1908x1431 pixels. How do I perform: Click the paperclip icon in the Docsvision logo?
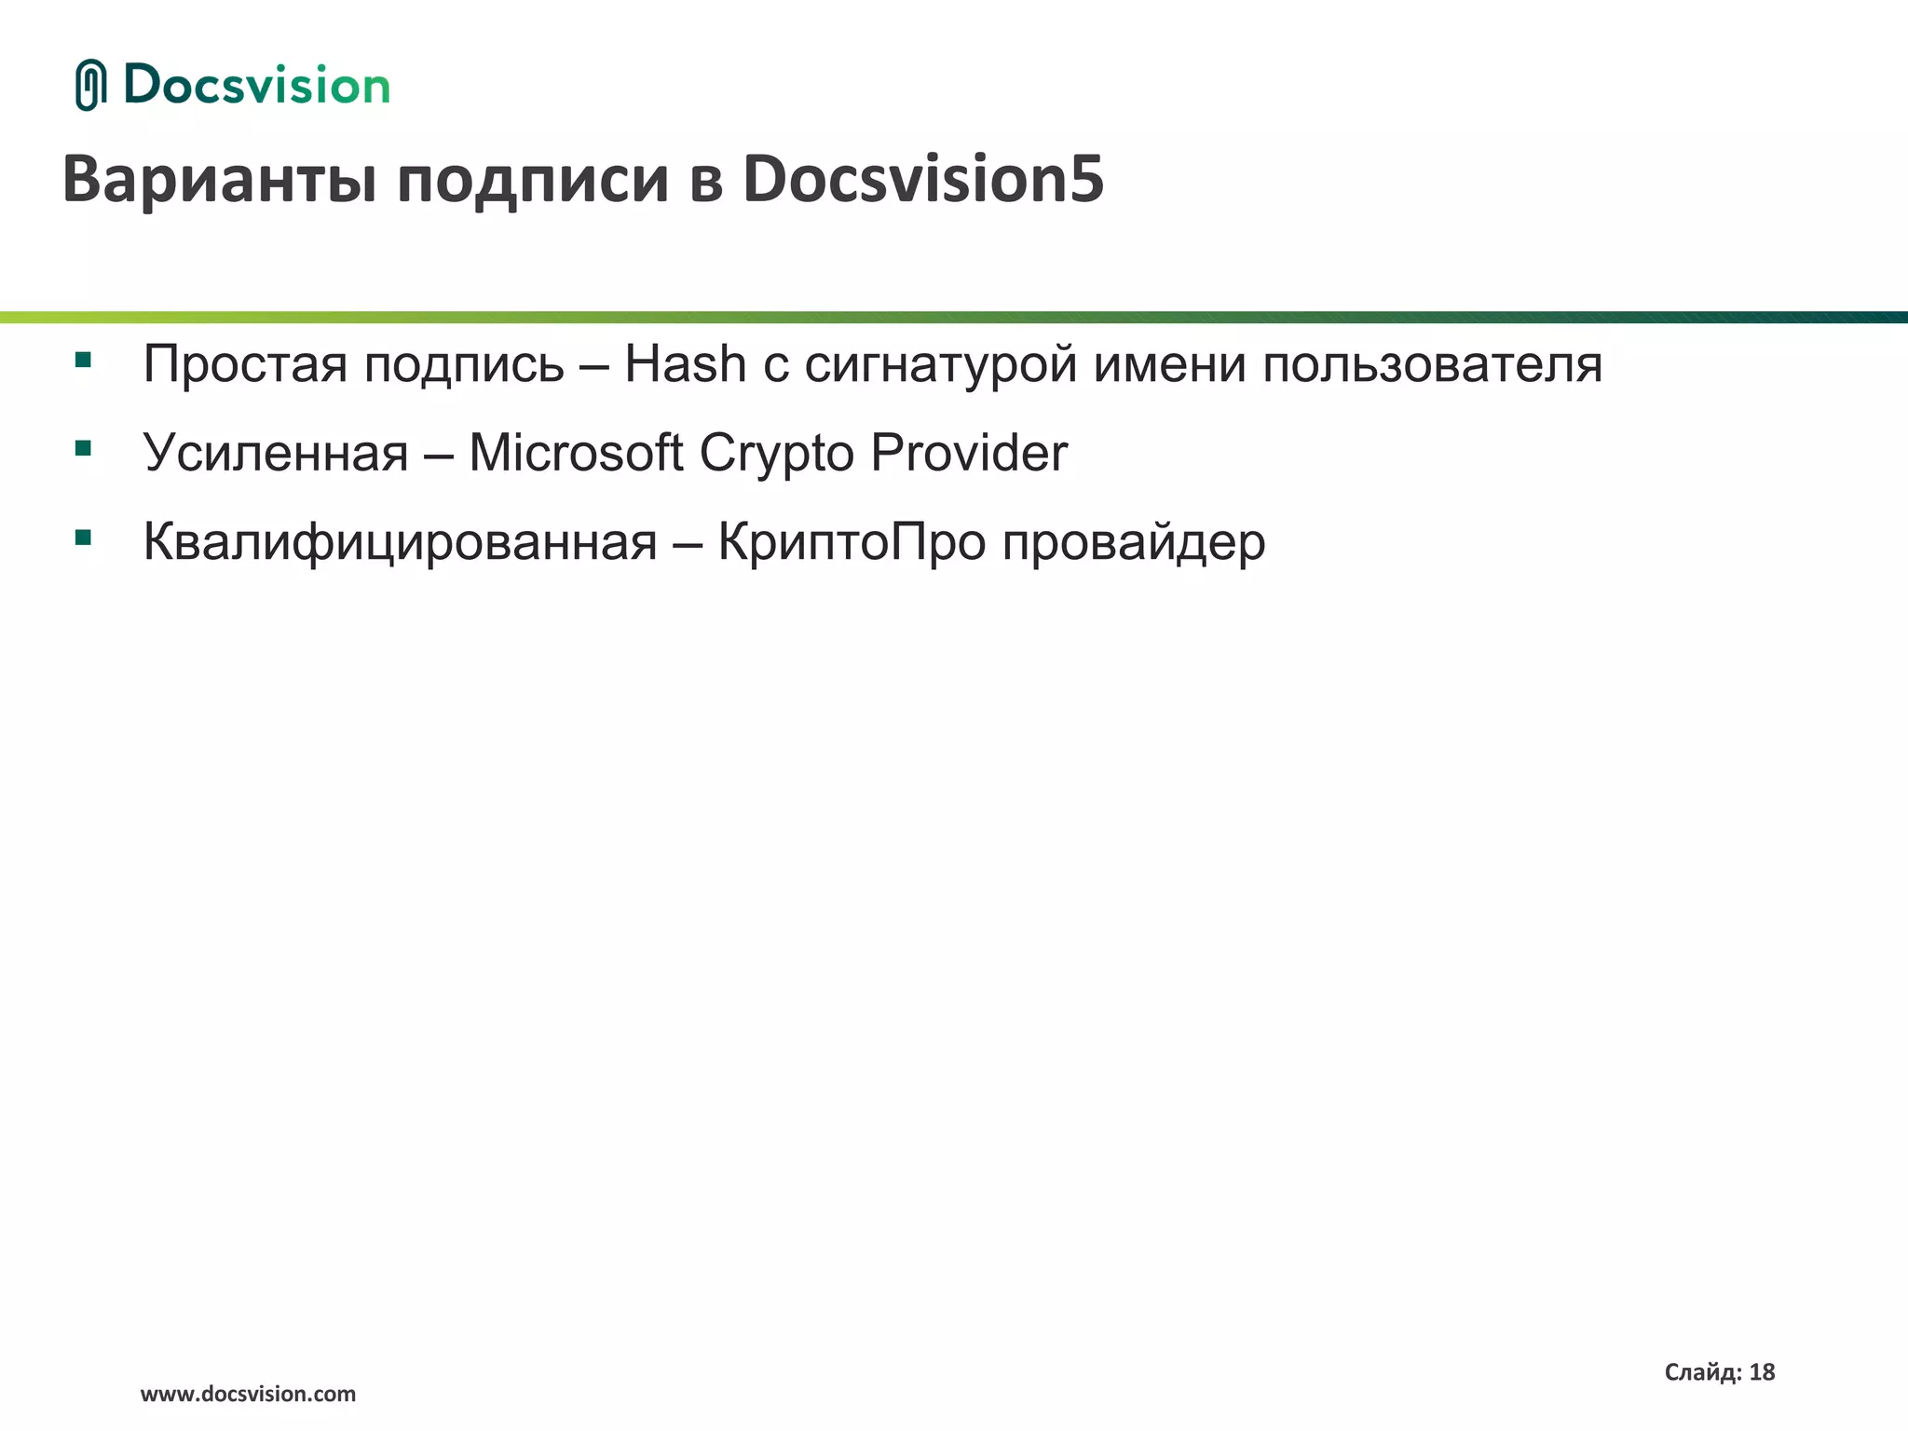tap(90, 85)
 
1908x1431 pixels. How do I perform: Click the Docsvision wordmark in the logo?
tap(256, 86)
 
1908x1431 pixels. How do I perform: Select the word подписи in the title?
tap(533, 179)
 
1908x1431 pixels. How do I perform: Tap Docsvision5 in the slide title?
tap(923, 179)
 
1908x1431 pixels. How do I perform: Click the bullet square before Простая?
tap(84, 360)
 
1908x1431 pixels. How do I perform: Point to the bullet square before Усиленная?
tap(84, 448)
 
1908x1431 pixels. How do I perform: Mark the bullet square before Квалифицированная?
tap(84, 537)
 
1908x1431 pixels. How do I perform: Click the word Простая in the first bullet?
tap(245, 364)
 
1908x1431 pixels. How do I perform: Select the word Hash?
tap(685, 363)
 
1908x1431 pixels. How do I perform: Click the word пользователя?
tap(1432, 364)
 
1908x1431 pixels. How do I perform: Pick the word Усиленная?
tap(276, 454)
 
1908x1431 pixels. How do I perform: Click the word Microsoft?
tap(576, 453)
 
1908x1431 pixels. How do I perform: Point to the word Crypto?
tap(776, 454)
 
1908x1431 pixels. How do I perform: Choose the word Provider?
tap(969, 453)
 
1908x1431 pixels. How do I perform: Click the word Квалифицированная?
tap(401, 542)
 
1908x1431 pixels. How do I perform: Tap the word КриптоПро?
tap(852, 542)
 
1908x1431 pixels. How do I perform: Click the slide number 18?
tap(1762, 1371)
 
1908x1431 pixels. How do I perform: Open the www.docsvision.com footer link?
tap(248, 1394)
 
